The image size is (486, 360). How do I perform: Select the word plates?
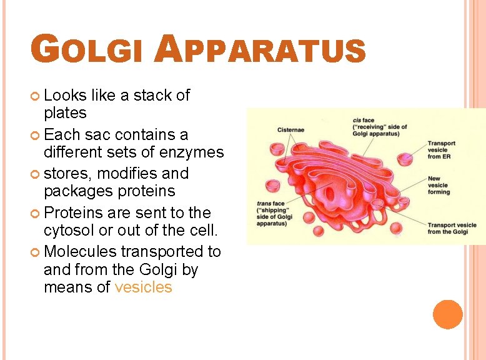coord(65,113)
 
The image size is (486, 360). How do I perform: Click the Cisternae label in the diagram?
coord(290,130)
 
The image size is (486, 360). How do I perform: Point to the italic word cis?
coord(358,120)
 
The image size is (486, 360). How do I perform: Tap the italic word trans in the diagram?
coord(265,204)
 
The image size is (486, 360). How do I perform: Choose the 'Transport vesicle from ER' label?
coord(441,150)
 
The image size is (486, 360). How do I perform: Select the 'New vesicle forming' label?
coord(439,185)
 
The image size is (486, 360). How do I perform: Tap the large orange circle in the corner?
coord(447,314)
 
